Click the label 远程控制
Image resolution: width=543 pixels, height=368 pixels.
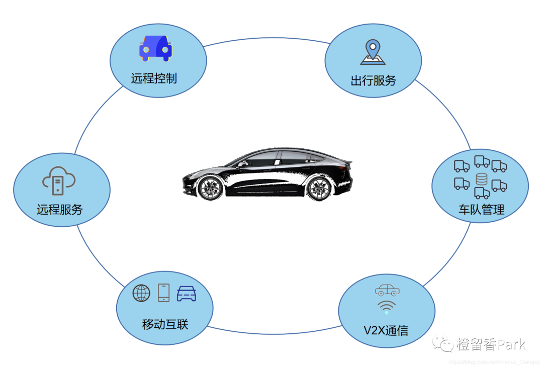point(154,78)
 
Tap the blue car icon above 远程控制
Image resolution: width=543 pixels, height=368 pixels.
point(155,48)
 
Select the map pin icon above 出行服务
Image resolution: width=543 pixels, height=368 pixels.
point(373,53)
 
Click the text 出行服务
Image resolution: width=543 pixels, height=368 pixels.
point(374,80)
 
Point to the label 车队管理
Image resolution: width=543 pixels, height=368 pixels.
point(481,210)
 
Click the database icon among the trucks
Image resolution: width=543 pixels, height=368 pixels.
point(482,179)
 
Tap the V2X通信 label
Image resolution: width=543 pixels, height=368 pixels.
point(386,330)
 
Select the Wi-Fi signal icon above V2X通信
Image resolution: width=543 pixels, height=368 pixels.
point(386,307)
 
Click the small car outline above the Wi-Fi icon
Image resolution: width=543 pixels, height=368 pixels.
point(387,290)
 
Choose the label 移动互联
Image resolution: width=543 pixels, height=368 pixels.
point(165,324)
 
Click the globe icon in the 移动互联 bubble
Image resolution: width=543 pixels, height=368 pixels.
point(141,293)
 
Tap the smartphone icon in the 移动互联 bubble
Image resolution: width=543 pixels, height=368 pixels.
point(164,293)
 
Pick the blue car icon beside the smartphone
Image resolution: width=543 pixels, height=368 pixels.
point(187,293)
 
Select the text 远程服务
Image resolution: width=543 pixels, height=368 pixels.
point(60,210)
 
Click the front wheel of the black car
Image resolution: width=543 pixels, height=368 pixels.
point(210,187)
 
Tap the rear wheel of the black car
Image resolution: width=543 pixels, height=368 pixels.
point(318,188)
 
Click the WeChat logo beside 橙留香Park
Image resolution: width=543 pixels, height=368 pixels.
point(444,344)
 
